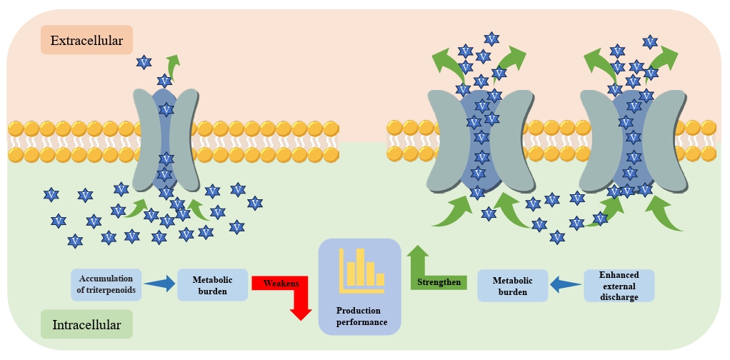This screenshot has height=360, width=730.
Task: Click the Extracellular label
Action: pos(86,41)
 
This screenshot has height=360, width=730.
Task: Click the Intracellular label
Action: pos(86,324)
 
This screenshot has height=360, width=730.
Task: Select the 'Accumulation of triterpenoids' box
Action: pos(107,284)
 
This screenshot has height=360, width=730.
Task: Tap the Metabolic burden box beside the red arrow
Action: pos(211,284)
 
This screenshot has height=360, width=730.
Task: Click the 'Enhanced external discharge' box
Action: pos(619,286)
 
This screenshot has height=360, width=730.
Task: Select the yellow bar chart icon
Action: pos(361,271)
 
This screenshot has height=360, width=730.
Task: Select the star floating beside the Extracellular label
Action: pos(144,62)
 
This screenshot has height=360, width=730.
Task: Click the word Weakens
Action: pos(276,283)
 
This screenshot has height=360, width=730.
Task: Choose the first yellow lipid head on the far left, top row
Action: pos(15,129)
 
